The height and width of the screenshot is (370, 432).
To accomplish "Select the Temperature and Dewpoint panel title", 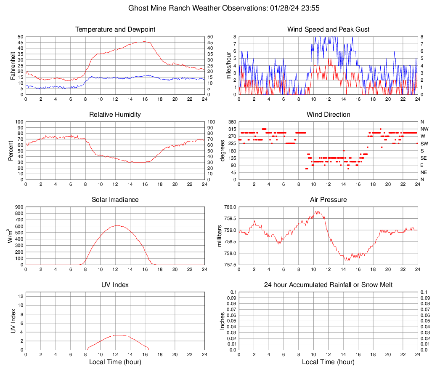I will coord(115,29).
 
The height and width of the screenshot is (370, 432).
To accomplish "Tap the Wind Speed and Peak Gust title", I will coord(328,29).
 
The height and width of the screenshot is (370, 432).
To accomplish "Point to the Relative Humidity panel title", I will coord(115,115).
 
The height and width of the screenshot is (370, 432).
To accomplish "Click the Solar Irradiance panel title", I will coord(115,200).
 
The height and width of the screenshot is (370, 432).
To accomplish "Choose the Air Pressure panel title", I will coord(328,200).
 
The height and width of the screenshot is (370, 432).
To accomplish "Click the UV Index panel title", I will coord(115,285).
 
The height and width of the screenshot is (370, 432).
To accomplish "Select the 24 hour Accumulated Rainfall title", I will coord(328,285).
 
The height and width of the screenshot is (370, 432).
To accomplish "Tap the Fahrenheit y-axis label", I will coord(13,65).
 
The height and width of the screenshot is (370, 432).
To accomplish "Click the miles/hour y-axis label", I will coord(229,65).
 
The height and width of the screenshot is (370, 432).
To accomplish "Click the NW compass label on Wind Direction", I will coord(424,129).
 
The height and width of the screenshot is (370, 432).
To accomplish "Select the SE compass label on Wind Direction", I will coord(424,158).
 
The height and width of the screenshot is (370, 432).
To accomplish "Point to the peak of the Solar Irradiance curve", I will coord(116,225).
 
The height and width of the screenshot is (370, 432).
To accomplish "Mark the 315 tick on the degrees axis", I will coord(231,129).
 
